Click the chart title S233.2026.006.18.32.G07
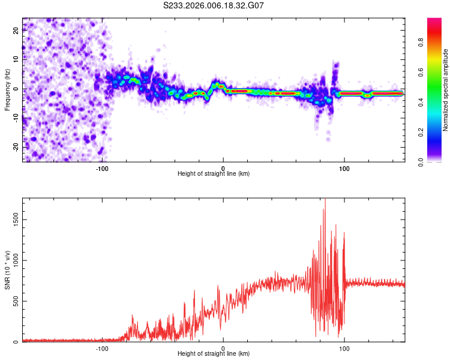tap(214, 5)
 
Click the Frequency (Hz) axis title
tap(7, 89)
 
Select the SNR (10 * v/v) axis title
tap(7, 270)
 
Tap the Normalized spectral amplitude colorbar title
tap(446, 89)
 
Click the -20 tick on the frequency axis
tap(16, 147)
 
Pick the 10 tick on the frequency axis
tap(16, 60)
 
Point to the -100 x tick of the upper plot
tap(102, 168)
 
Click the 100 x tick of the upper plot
tap(344, 168)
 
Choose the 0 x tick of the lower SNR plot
tap(223, 348)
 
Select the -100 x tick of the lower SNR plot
tap(102, 348)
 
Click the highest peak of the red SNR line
tap(325, 199)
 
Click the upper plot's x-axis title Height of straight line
tap(214, 174)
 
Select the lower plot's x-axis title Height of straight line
tap(214, 354)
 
